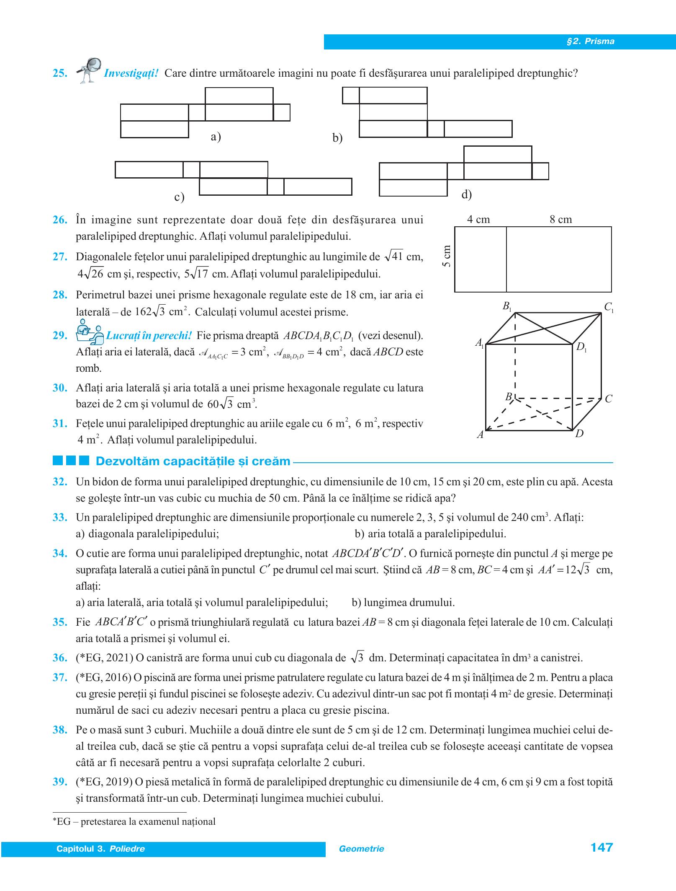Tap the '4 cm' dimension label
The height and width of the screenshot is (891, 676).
(478, 219)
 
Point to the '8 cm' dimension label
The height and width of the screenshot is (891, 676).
(560, 219)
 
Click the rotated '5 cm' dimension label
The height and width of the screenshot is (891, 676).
(447, 256)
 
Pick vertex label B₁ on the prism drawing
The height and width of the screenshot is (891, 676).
(507, 307)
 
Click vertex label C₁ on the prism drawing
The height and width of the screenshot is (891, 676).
(609, 307)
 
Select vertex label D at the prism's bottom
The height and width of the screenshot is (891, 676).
(579, 434)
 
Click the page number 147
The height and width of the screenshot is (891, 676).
(601, 847)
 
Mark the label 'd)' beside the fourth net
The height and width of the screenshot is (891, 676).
(466, 194)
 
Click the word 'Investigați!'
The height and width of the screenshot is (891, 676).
(131, 73)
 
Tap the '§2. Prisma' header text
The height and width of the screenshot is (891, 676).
(590, 41)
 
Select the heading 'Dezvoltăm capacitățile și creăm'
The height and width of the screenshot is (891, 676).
(193, 461)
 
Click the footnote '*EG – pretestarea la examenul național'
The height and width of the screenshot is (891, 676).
(134, 822)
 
